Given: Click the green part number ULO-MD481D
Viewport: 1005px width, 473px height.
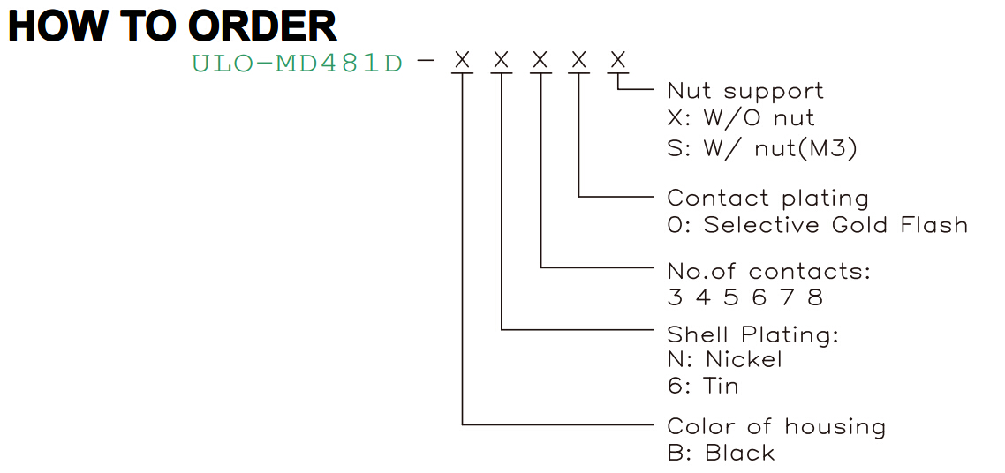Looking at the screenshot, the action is click(297, 64).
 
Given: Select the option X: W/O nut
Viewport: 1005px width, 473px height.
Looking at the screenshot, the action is click(741, 117).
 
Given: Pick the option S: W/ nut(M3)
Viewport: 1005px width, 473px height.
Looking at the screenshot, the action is click(762, 148).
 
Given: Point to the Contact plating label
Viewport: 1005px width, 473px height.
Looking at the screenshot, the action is click(767, 199).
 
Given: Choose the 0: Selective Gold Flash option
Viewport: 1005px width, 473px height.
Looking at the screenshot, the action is click(817, 225).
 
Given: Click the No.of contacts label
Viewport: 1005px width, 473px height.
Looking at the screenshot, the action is click(769, 272).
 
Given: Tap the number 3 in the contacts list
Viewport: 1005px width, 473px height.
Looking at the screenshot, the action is click(676, 297).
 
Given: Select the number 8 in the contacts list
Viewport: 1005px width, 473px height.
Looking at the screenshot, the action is click(814, 297).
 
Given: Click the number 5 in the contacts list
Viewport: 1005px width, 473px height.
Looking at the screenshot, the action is click(731, 297).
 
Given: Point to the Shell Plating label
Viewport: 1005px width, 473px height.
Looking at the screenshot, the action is click(753, 334).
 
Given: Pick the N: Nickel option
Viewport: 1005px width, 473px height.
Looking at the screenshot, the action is click(725, 359).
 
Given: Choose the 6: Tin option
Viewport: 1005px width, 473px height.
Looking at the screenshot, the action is click(702, 386).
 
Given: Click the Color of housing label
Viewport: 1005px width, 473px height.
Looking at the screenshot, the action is click(776, 426).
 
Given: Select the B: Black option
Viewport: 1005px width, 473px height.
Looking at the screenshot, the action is click(721, 454).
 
